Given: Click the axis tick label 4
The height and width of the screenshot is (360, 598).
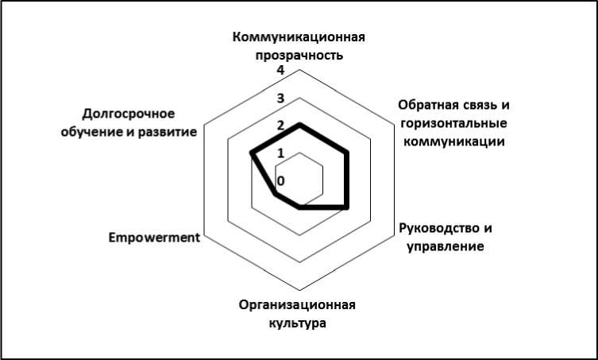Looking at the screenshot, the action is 280,71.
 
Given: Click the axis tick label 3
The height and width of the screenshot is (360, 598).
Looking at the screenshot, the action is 280,99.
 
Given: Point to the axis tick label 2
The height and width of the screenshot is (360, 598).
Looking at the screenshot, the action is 280,126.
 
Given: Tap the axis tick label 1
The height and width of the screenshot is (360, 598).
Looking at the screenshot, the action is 280,153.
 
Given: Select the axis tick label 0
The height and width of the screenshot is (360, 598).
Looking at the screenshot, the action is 280,180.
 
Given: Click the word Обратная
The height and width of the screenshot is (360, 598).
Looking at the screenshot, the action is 427,106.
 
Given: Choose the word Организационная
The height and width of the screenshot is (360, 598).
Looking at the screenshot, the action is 297,306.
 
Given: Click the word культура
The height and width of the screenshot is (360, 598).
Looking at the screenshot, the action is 297,323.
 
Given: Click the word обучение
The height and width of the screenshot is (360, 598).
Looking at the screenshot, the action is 93,131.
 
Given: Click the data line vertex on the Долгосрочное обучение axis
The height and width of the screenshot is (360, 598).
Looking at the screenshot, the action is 252,153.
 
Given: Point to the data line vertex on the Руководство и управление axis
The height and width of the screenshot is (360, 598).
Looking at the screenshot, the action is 347,207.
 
